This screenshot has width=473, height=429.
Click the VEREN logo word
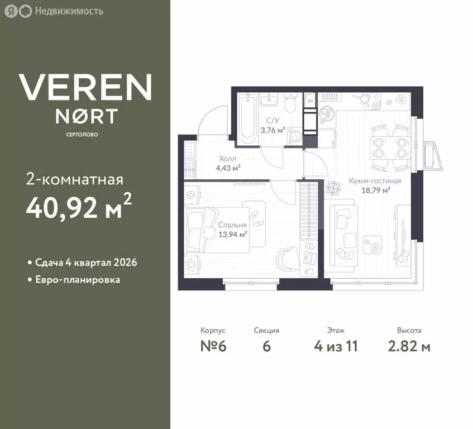coord(85,87)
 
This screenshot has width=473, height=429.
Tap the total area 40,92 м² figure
coord(79,206)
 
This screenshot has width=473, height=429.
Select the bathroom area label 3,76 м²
coord(273,130)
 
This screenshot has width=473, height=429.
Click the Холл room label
coord(227,158)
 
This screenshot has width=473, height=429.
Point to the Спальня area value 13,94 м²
coord(232,234)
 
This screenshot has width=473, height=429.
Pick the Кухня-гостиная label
coord(375,181)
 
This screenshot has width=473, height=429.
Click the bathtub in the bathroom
coord(247,119)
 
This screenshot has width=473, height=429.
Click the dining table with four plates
coord(390,147)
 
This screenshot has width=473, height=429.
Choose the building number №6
coord(213,346)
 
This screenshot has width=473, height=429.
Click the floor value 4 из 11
coord(336,346)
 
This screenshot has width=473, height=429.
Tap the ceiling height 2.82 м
coord(409,346)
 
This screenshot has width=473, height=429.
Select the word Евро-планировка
coord(78,280)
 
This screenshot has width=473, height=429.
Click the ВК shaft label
coord(310,101)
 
